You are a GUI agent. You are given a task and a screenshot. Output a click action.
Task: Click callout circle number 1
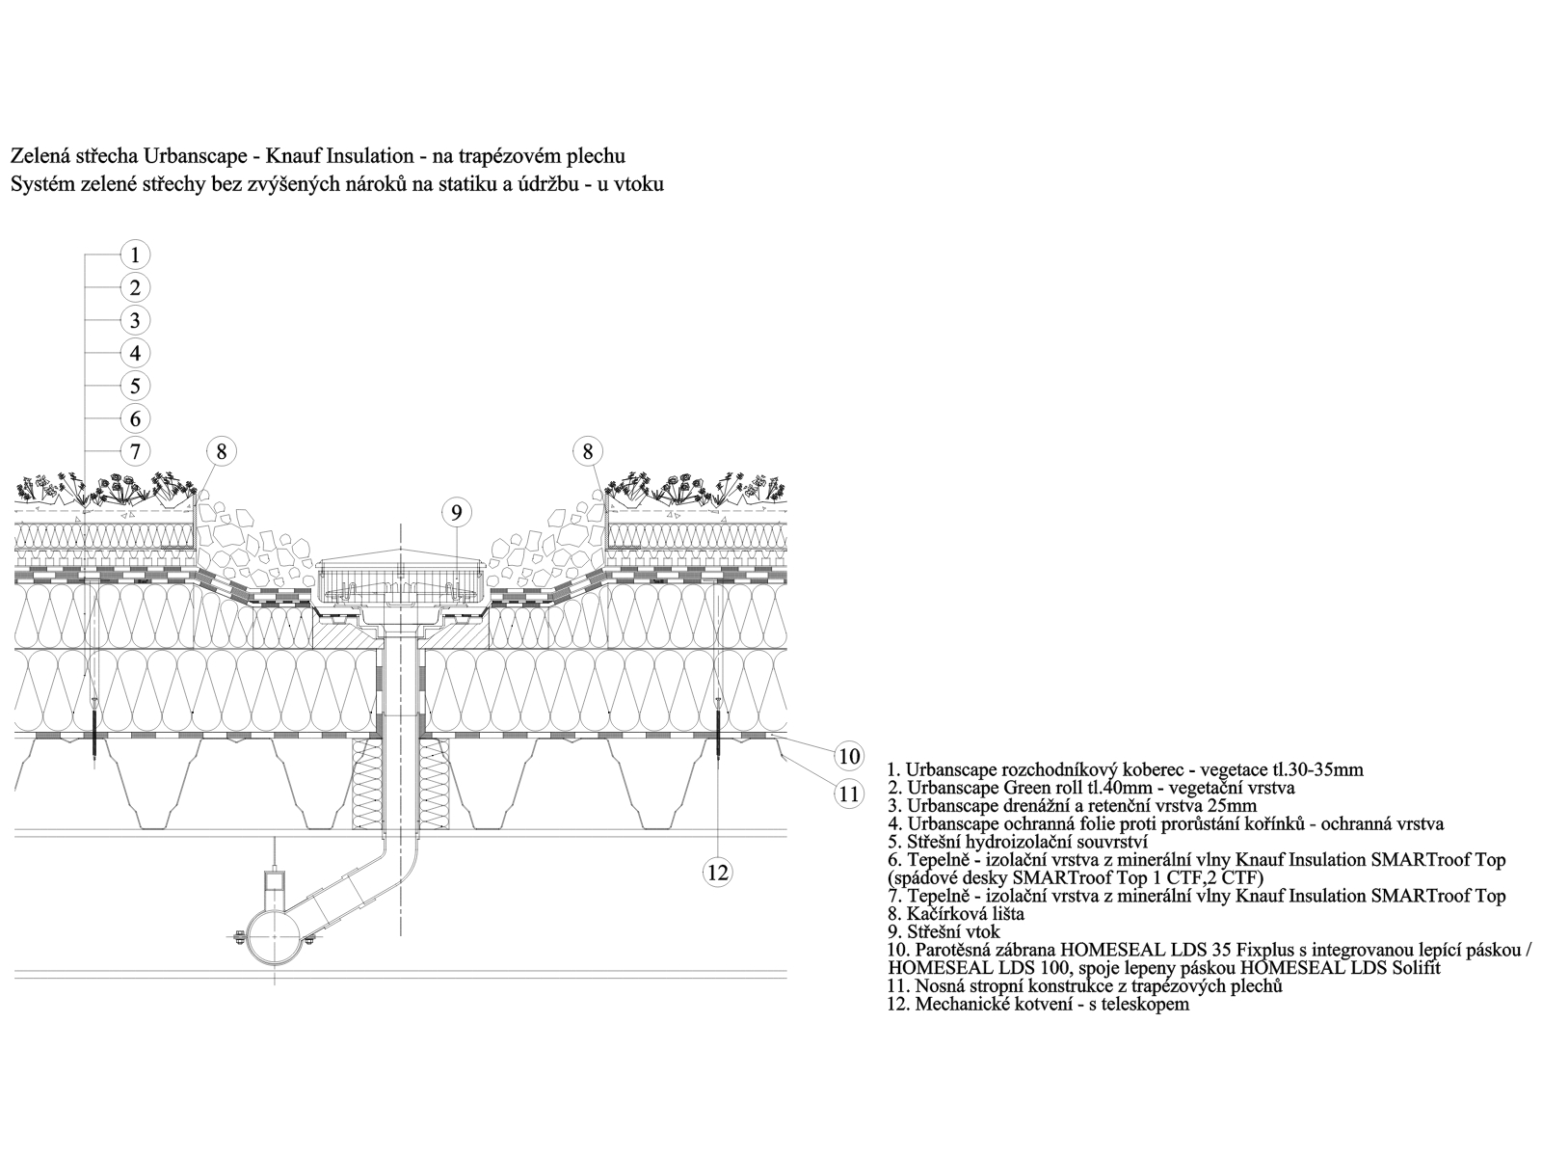coord(135,255)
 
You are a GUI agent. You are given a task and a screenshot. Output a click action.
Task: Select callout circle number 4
coord(135,353)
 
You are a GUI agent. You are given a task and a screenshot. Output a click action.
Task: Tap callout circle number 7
coord(135,451)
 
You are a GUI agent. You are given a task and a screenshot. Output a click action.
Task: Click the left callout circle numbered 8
coord(222,451)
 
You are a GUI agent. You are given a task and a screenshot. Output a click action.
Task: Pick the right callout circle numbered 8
coord(588,451)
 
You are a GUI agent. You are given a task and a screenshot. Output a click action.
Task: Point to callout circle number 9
coord(457,513)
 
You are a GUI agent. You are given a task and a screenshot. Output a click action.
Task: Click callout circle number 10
coord(849,757)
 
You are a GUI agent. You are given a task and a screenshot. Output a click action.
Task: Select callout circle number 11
coord(849,794)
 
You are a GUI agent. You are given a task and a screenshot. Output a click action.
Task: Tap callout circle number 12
coord(718,873)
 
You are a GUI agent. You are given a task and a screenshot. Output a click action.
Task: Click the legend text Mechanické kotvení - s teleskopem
coord(1038,1004)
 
